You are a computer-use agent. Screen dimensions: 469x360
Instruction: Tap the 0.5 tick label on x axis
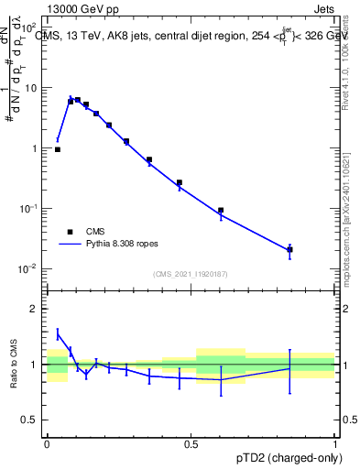(191, 443)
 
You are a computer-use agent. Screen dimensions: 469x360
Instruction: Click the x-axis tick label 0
(47, 443)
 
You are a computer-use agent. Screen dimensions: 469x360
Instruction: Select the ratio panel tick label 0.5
(30, 421)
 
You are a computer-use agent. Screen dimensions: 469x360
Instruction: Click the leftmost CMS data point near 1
(58, 149)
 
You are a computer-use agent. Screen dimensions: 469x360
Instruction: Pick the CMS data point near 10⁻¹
(221, 211)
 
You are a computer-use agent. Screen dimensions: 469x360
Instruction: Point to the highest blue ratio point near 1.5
(58, 333)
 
